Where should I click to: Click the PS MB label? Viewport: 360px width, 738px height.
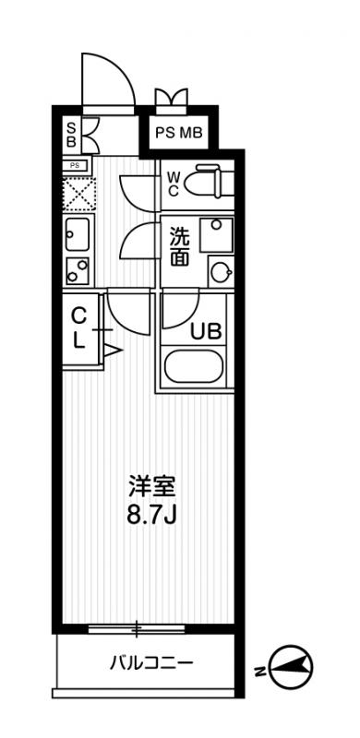pyautogui.click(x=179, y=133)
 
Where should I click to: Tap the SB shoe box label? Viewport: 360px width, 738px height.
pyautogui.click(x=71, y=135)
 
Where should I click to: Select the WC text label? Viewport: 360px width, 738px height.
pyautogui.click(x=173, y=184)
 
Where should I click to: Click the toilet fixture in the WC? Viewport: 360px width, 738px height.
pyautogui.click(x=210, y=181)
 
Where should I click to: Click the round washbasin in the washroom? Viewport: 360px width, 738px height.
pyautogui.click(x=221, y=271)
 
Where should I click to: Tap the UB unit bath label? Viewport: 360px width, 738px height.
pyautogui.click(x=206, y=332)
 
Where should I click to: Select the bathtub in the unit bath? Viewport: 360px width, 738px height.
pyautogui.click(x=194, y=366)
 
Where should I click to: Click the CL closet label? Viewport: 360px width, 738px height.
pyautogui.click(x=78, y=329)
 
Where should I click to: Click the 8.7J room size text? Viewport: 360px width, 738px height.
pyautogui.click(x=150, y=516)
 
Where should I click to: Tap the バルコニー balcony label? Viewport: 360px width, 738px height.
pyautogui.click(x=151, y=663)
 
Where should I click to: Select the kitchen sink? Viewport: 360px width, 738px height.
pyautogui.click(x=78, y=234)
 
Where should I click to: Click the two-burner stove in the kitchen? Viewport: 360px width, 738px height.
pyautogui.click(x=78, y=271)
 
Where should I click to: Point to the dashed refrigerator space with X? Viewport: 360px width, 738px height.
pyautogui.click(x=79, y=194)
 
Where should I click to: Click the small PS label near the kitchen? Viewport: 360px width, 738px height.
pyautogui.click(x=75, y=166)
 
